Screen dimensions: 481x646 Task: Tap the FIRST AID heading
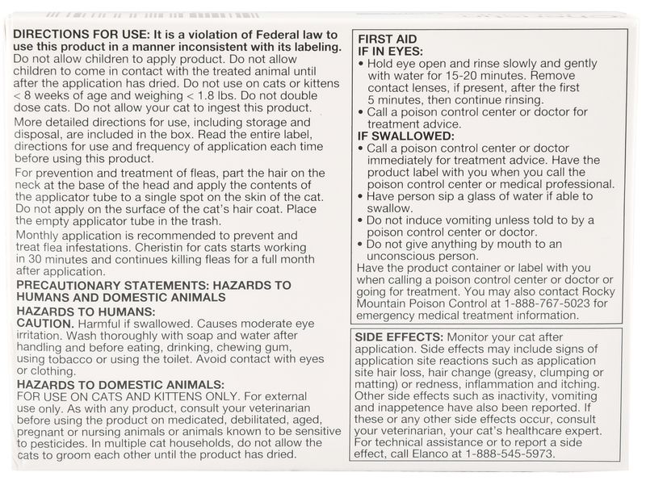tap(387, 37)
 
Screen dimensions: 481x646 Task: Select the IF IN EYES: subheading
tap(392, 50)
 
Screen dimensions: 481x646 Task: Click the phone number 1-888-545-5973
tap(513, 453)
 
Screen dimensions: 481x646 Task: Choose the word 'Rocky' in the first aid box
tap(596, 291)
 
